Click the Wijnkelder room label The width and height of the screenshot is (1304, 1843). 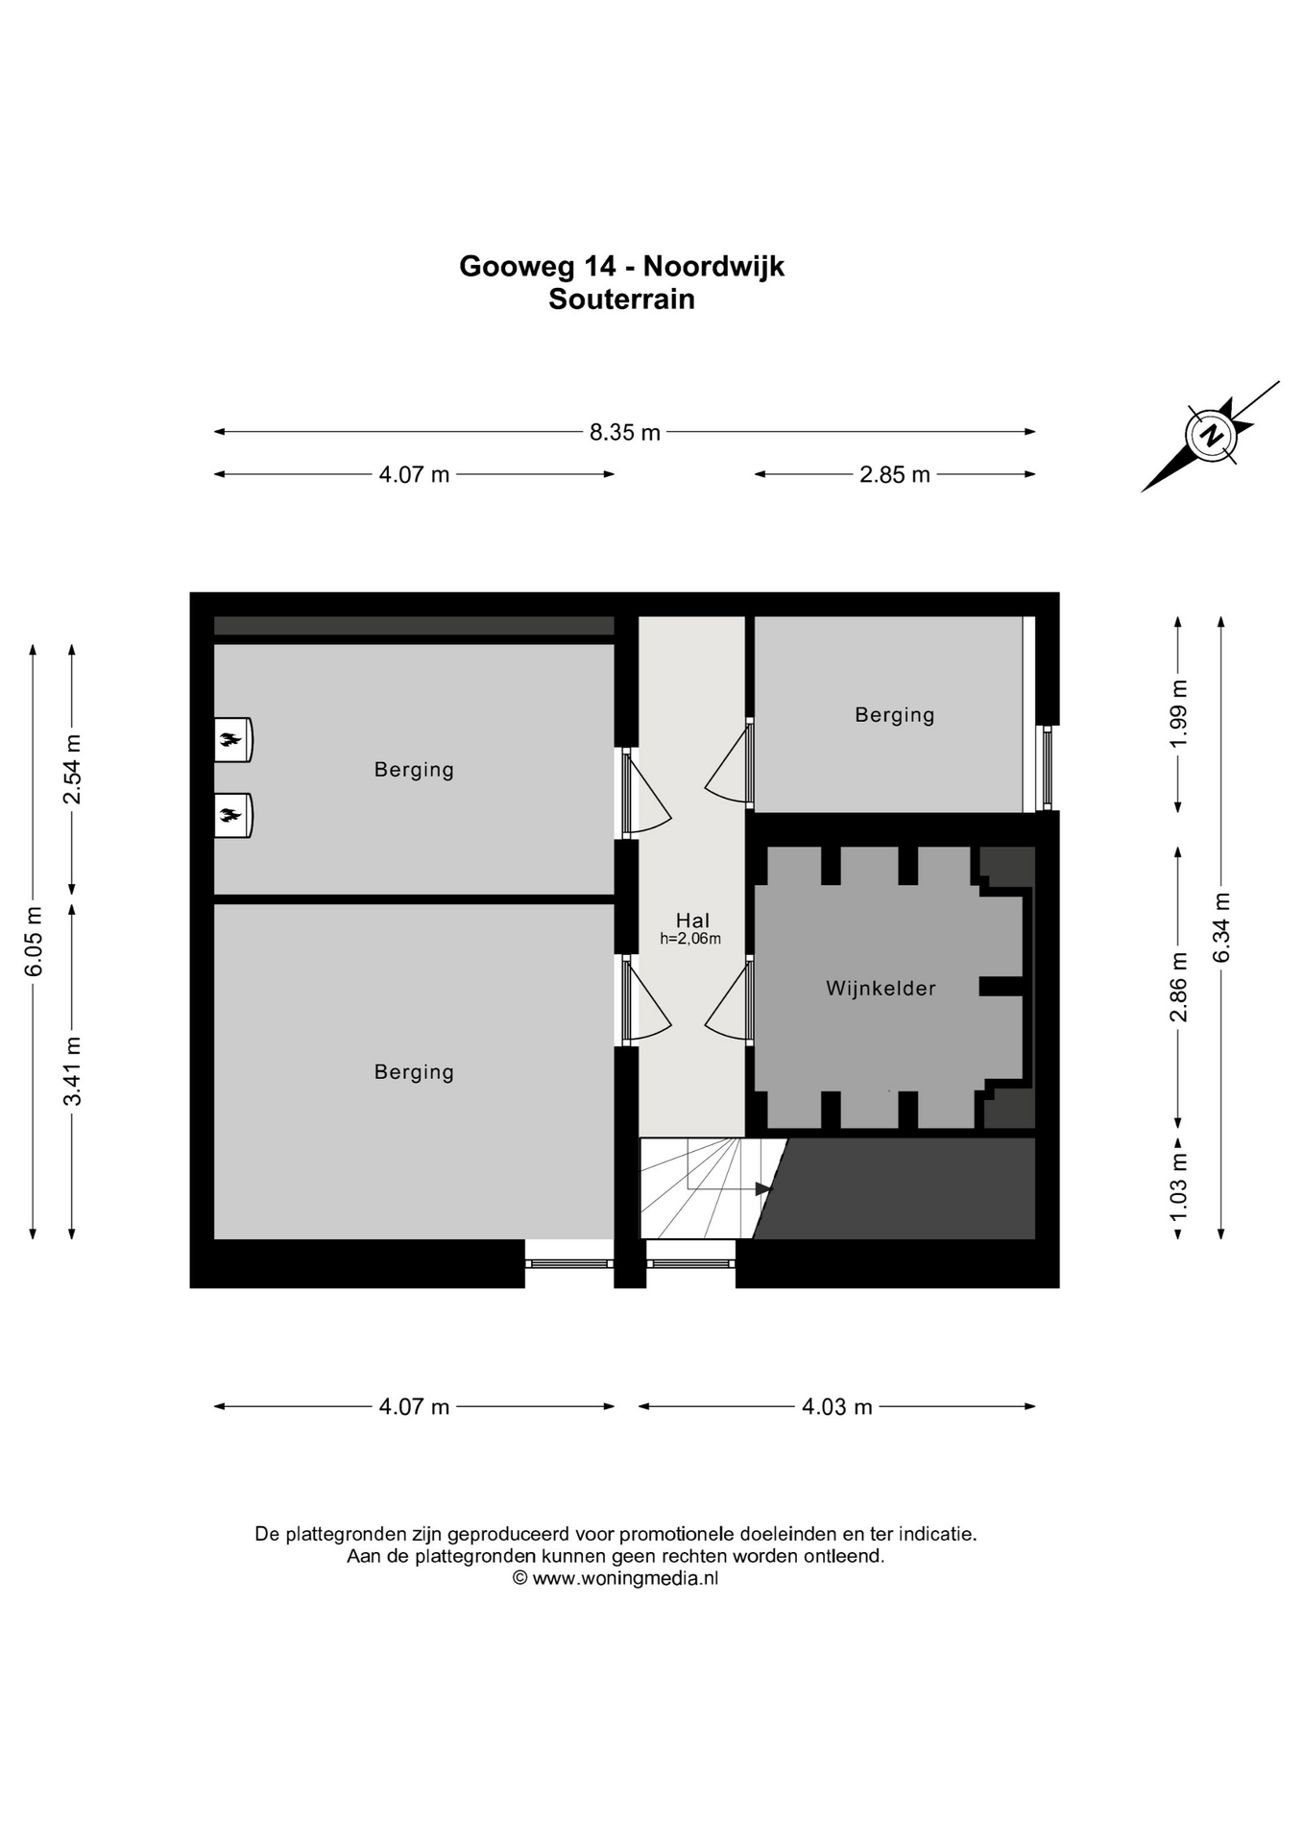pos(881,989)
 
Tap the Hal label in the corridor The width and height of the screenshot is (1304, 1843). pos(692,921)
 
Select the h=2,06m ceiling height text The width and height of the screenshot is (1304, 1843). pos(690,939)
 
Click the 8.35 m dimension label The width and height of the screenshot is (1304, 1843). pos(625,433)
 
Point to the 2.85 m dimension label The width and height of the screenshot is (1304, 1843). pos(895,475)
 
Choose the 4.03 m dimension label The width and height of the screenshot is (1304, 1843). pos(837,1407)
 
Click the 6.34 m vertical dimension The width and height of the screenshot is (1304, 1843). pos(1221,927)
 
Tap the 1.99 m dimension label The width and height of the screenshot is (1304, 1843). pos(1179,714)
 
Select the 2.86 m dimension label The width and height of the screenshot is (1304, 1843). pos(1179,988)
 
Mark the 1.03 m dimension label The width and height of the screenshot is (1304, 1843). pos(1179,1186)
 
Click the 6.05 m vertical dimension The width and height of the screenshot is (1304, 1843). pos(34,942)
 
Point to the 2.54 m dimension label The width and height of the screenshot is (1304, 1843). pos(72,770)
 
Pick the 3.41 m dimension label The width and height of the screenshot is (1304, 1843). pos(72,1071)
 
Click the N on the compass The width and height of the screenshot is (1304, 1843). pos(1213,436)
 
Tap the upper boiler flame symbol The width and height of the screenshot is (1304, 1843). pos(230,740)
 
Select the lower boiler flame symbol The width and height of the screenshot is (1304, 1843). pos(230,816)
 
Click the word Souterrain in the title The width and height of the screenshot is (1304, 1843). pos(621,299)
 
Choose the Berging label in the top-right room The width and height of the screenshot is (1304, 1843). pos(895,715)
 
